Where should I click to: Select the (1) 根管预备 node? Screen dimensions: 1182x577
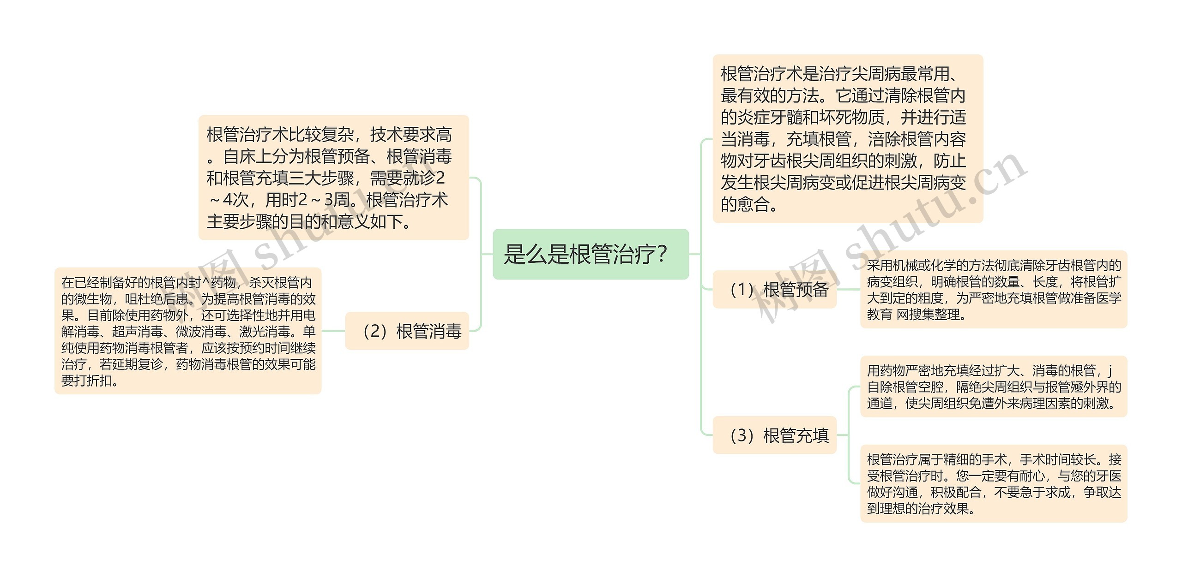point(774,290)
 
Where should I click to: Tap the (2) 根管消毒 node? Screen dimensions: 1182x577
point(407,331)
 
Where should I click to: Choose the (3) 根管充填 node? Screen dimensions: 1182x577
point(774,435)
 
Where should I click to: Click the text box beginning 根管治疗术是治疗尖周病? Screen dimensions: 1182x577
point(847,138)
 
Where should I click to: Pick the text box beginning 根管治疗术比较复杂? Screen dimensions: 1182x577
point(333,178)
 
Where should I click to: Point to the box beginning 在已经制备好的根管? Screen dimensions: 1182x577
point(187,331)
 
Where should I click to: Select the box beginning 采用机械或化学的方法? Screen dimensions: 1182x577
point(993,290)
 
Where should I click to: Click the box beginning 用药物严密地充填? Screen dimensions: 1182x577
point(993,387)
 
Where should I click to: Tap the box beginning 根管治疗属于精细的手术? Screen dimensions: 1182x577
point(993,483)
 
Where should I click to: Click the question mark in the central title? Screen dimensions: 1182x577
point(662,254)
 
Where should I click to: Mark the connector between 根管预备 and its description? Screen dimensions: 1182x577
point(848,290)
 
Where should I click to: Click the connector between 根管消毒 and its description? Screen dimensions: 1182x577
point(333,331)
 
